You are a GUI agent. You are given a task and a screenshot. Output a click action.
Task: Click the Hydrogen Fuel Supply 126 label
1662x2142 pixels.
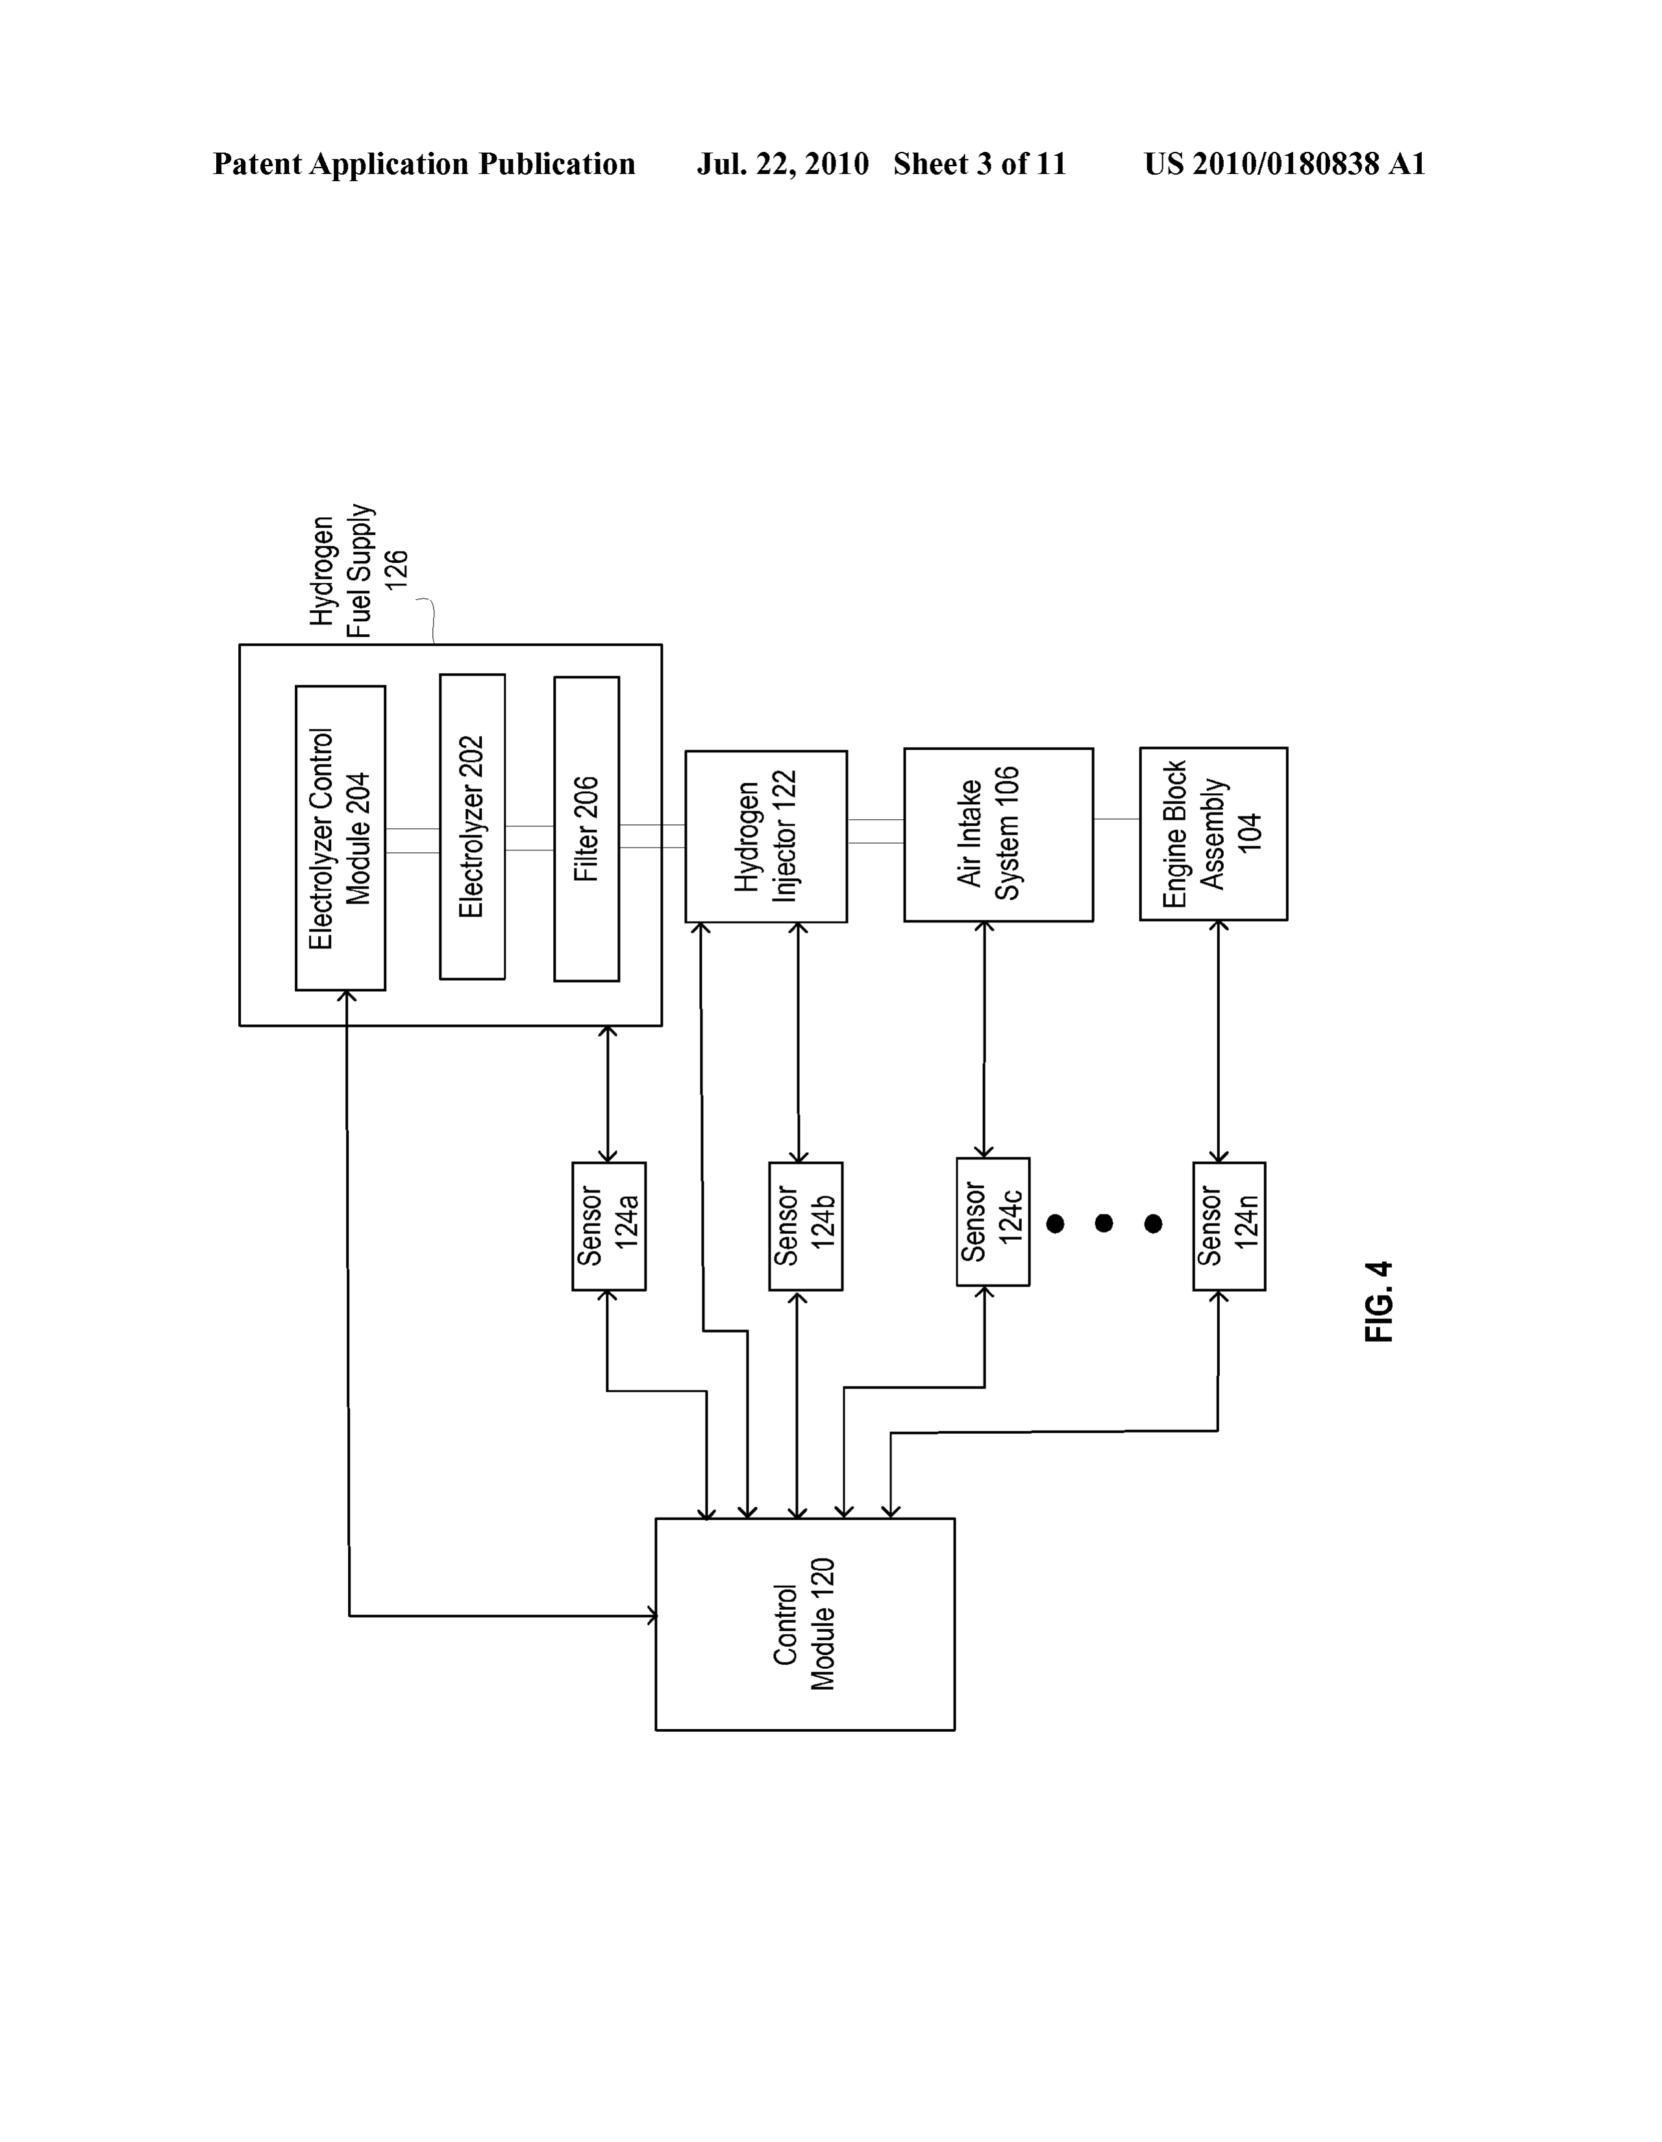[358, 571]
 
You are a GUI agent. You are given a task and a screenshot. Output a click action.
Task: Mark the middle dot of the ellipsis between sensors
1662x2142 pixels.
[1104, 1223]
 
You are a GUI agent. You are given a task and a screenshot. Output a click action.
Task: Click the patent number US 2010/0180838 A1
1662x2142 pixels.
[1284, 164]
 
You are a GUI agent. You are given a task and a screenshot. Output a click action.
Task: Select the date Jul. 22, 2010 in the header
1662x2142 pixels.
[783, 164]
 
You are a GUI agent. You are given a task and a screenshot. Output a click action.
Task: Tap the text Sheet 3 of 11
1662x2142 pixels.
[979, 164]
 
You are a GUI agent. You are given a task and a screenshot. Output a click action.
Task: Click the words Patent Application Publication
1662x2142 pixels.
[424, 164]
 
